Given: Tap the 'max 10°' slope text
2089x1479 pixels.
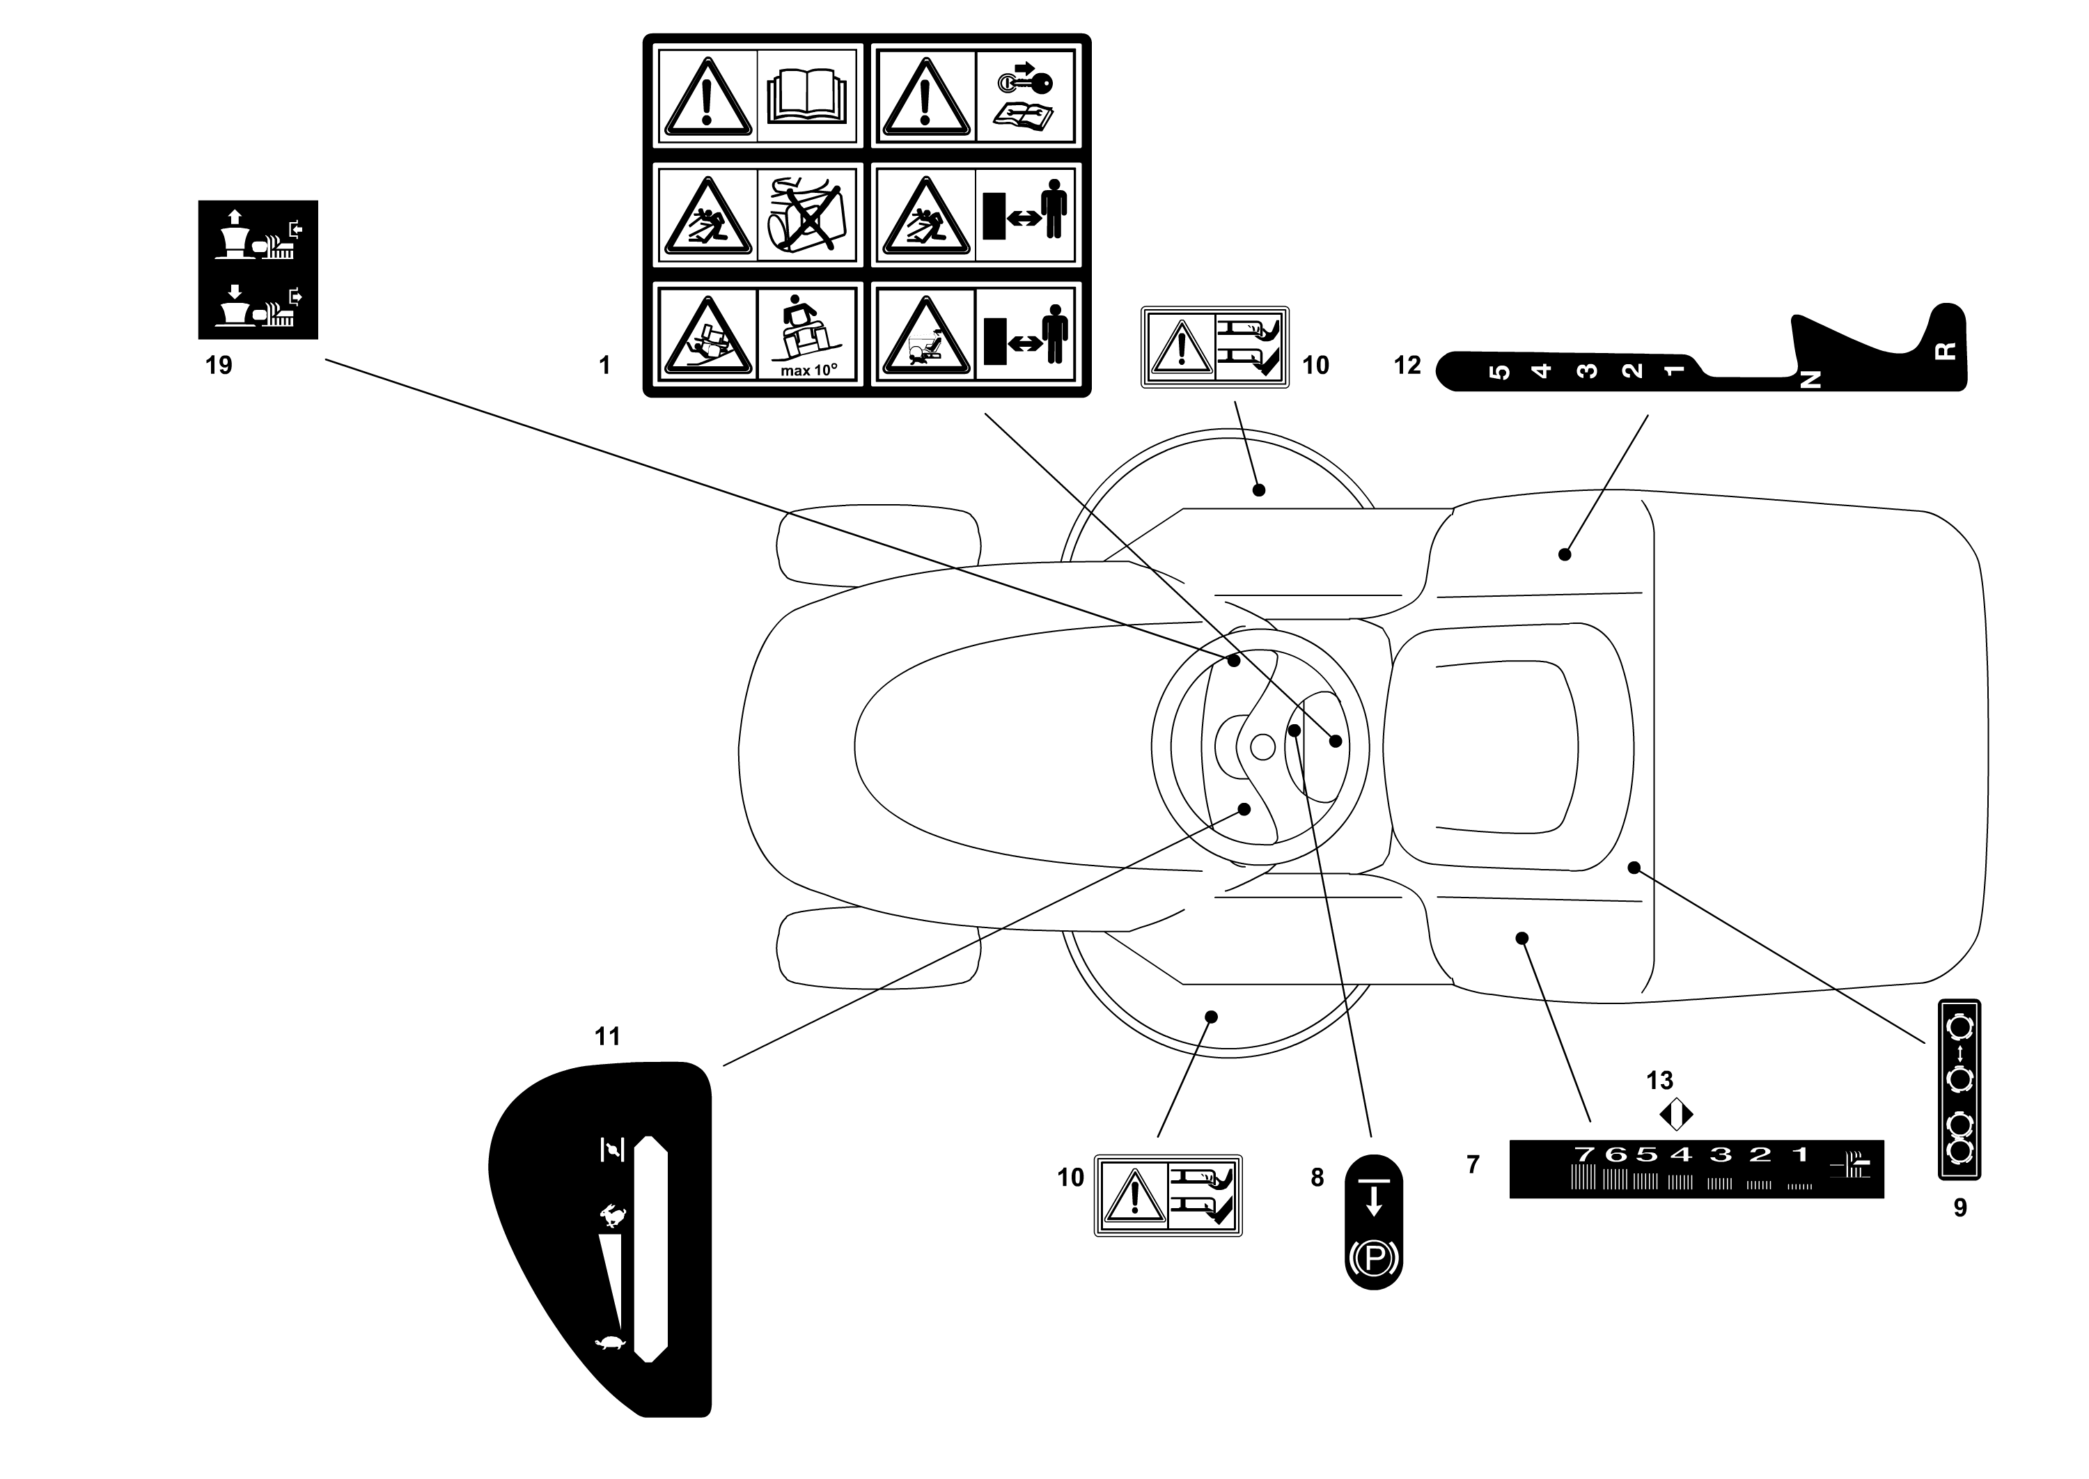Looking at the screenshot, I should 808,370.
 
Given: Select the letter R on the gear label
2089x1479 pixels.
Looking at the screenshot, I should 1943,352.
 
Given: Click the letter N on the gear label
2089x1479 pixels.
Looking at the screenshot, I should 1811,379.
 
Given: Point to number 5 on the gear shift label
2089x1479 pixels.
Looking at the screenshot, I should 1499,372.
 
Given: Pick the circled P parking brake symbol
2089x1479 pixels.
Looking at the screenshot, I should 1374,1260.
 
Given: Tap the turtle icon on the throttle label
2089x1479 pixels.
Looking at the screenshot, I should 610,1343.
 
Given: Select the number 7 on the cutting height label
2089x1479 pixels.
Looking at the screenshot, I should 1585,1154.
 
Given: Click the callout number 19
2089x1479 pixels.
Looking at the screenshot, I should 219,365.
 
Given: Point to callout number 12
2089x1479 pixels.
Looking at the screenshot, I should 1407,365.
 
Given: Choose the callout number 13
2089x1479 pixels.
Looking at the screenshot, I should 1659,1080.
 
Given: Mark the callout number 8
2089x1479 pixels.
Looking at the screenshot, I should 1317,1177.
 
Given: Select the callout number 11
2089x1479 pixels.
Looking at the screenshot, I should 607,1036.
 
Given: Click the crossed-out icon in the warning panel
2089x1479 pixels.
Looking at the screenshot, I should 808,215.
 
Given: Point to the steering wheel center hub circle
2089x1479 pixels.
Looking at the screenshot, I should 1262,746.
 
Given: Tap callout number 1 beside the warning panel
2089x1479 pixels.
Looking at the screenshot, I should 604,365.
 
